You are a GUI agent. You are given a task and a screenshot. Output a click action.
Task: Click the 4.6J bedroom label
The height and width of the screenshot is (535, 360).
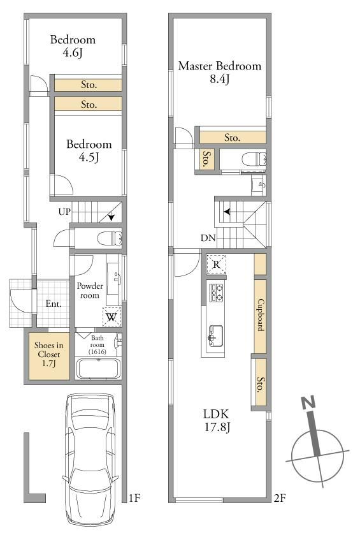pyautogui.click(x=73, y=46)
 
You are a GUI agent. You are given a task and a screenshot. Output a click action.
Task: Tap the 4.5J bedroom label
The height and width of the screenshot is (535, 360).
pyautogui.click(x=89, y=150)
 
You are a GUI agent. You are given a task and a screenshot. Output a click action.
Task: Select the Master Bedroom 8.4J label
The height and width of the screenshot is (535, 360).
pyautogui.click(x=220, y=72)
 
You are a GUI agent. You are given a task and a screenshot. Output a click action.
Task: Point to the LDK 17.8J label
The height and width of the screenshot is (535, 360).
pyautogui.click(x=217, y=420)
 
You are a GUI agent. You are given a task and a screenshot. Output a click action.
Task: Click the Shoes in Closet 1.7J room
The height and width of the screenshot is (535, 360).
pyautogui.click(x=49, y=356)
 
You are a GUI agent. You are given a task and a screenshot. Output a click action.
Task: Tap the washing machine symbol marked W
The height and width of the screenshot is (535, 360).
pyautogui.click(x=112, y=317)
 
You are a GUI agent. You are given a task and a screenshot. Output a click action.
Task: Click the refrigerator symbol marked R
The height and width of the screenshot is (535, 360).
pyautogui.click(x=216, y=264)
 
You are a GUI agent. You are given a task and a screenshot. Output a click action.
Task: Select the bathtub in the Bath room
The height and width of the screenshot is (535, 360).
pyautogui.click(x=98, y=369)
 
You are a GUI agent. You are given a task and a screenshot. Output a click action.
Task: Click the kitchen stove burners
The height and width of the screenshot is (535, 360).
pyautogui.click(x=216, y=293)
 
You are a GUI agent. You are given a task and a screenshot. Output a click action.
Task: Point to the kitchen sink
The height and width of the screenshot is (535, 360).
pyautogui.click(x=215, y=336)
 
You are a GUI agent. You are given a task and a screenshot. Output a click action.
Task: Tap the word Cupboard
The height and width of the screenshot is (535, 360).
pyautogui.click(x=260, y=315)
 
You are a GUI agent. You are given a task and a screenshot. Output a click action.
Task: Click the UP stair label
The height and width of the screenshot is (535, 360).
pyautogui.click(x=64, y=212)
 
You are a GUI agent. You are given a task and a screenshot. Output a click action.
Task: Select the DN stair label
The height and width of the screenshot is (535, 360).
pyautogui.click(x=208, y=238)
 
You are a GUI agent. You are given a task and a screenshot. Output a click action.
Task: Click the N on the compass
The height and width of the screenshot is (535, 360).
pyautogui.click(x=309, y=403)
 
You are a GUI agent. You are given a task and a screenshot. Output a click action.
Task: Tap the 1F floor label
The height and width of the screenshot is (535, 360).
pyautogui.click(x=135, y=498)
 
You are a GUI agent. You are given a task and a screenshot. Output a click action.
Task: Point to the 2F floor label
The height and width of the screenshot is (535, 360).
pyautogui.click(x=280, y=498)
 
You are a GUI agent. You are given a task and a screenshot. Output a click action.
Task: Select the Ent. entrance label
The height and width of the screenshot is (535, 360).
pyautogui.click(x=54, y=304)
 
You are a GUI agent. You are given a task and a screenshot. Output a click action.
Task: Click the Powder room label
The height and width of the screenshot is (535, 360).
pyautogui.click(x=90, y=290)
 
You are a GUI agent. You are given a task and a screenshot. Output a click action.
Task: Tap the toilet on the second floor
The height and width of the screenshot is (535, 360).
pyautogui.click(x=254, y=159)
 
